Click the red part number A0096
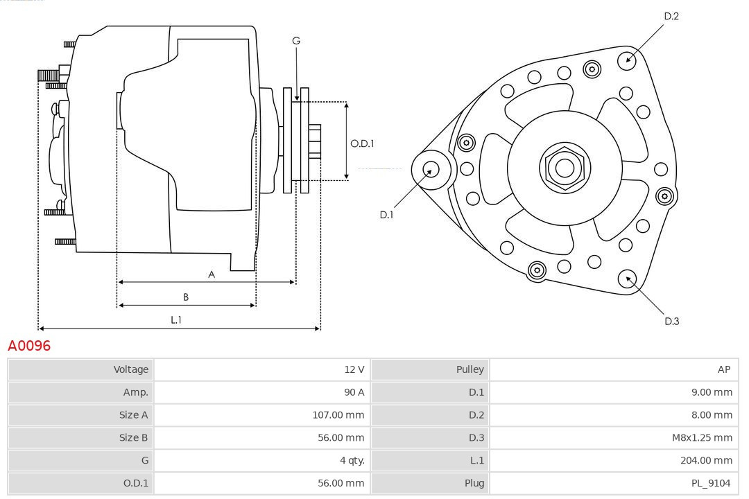pyautogui.click(x=29, y=345)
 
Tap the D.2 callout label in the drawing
pyautogui.click(x=671, y=16)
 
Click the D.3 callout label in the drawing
pyautogui.click(x=671, y=321)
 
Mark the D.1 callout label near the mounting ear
pyautogui.click(x=386, y=215)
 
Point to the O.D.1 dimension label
pyautogui.click(x=362, y=143)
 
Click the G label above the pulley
pyautogui.click(x=296, y=41)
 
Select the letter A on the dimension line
pyautogui.click(x=212, y=274)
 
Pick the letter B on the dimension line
pyautogui.click(x=186, y=297)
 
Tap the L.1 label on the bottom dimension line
pyautogui.click(x=176, y=319)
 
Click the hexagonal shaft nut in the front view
pyautogui.click(x=565, y=167)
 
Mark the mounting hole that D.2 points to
pyautogui.click(x=628, y=59)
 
